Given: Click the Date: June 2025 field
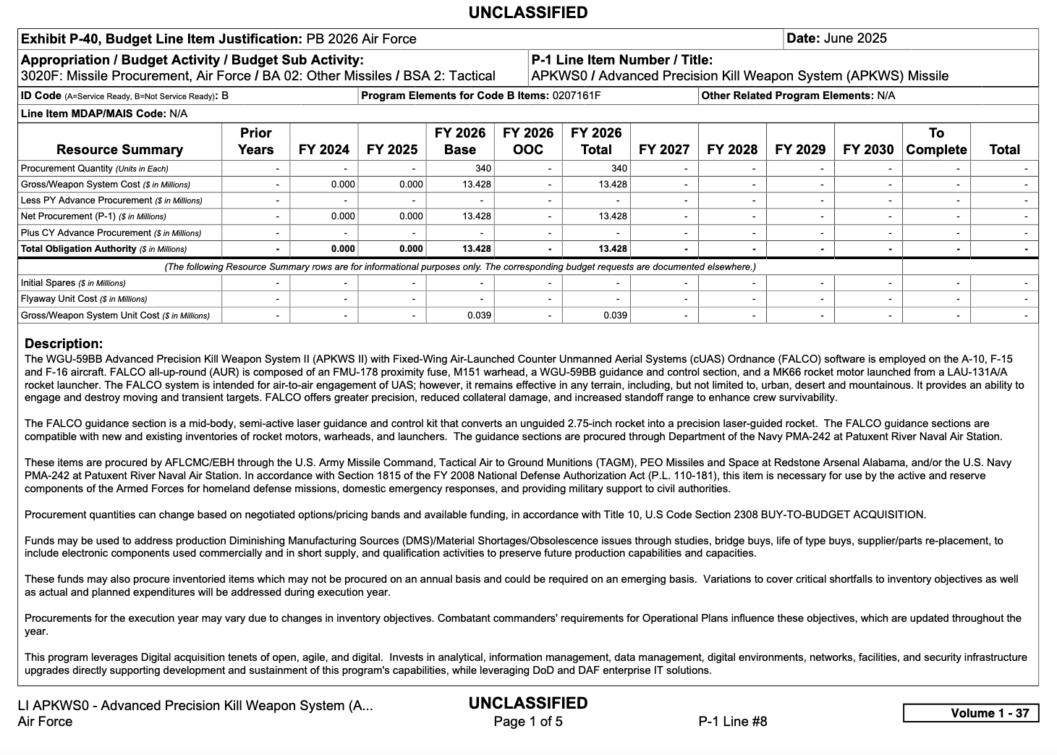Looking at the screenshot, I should [836, 39].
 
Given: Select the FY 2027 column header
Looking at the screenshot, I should [663, 150].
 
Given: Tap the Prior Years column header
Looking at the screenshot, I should [255, 141].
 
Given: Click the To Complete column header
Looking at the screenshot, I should [935, 141].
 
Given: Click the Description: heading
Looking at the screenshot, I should [64, 344].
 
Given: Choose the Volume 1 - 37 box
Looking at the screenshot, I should [970, 713].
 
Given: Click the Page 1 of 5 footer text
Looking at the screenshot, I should [527, 722].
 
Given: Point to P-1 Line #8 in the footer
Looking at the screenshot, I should [732, 722].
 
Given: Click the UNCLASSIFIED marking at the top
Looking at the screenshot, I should [527, 13].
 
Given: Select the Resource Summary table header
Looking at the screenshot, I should [119, 150].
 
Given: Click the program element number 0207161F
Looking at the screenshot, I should [577, 96].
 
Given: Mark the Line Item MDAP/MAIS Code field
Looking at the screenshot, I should [104, 114].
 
